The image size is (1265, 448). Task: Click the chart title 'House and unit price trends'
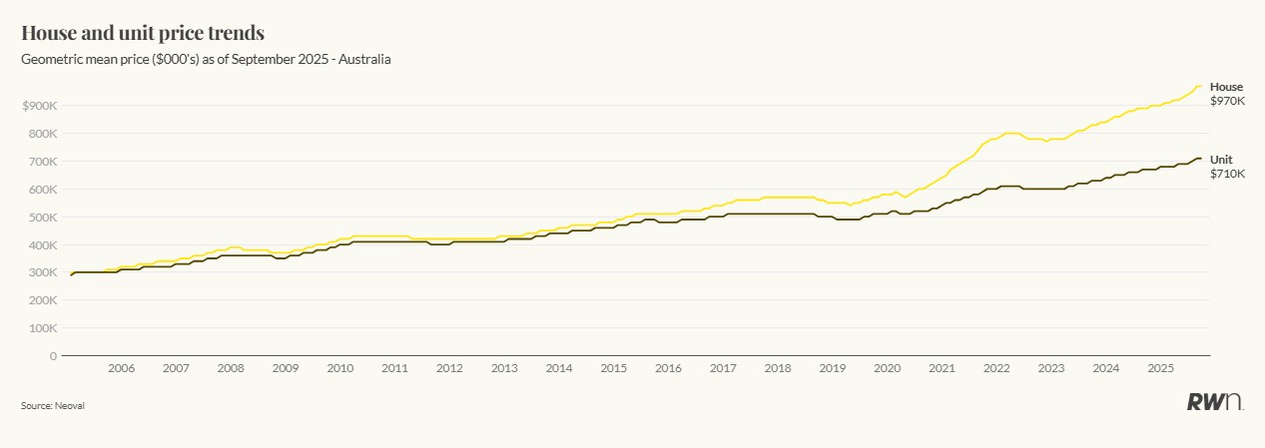143,33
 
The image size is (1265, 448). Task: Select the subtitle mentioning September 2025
206,60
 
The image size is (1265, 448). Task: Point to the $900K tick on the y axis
39,106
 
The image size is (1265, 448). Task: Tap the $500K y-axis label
39,217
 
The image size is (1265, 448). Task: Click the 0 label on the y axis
52,356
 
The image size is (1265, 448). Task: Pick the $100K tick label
39,328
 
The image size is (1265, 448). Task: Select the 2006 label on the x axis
121,369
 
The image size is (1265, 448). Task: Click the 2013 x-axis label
504,369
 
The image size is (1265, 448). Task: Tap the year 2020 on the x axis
887,369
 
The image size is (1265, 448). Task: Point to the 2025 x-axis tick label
1160,369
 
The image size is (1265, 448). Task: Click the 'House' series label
1226,87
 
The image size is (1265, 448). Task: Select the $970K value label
1227,101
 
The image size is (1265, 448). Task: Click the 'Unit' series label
1221,160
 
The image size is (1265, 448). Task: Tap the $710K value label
1227,174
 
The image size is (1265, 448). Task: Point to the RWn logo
1214,402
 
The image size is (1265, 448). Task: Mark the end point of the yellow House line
1201,87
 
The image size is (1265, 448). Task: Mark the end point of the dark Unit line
1201,159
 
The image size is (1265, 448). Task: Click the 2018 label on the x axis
778,369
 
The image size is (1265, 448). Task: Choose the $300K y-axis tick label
39,272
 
